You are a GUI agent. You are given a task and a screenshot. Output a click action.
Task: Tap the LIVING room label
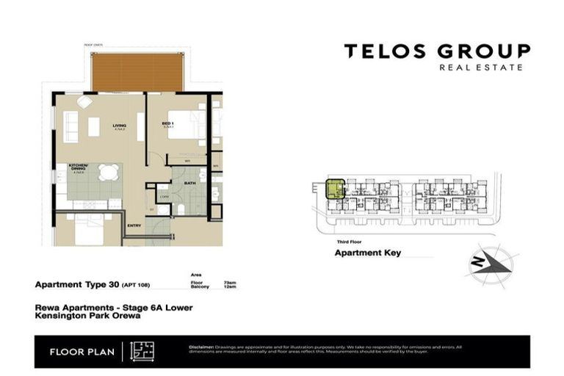[119, 126]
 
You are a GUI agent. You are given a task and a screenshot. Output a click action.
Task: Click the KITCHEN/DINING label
[79, 166]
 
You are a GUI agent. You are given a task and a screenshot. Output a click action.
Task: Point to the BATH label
[189, 182]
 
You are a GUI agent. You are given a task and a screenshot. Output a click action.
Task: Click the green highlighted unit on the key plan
[335, 189]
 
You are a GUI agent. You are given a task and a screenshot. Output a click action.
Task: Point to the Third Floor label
[349, 241]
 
